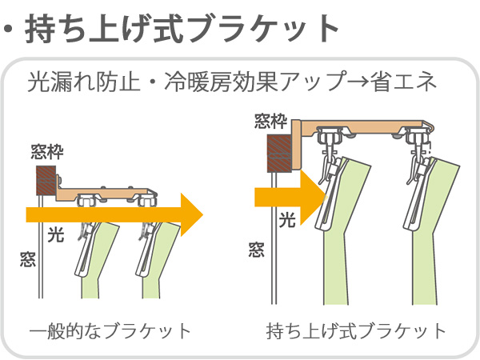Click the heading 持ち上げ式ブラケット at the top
point(183,28)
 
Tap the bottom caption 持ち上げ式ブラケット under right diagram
point(357,330)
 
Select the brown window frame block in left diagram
point(46,180)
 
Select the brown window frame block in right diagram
point(279,153)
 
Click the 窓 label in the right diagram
point(256,250)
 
